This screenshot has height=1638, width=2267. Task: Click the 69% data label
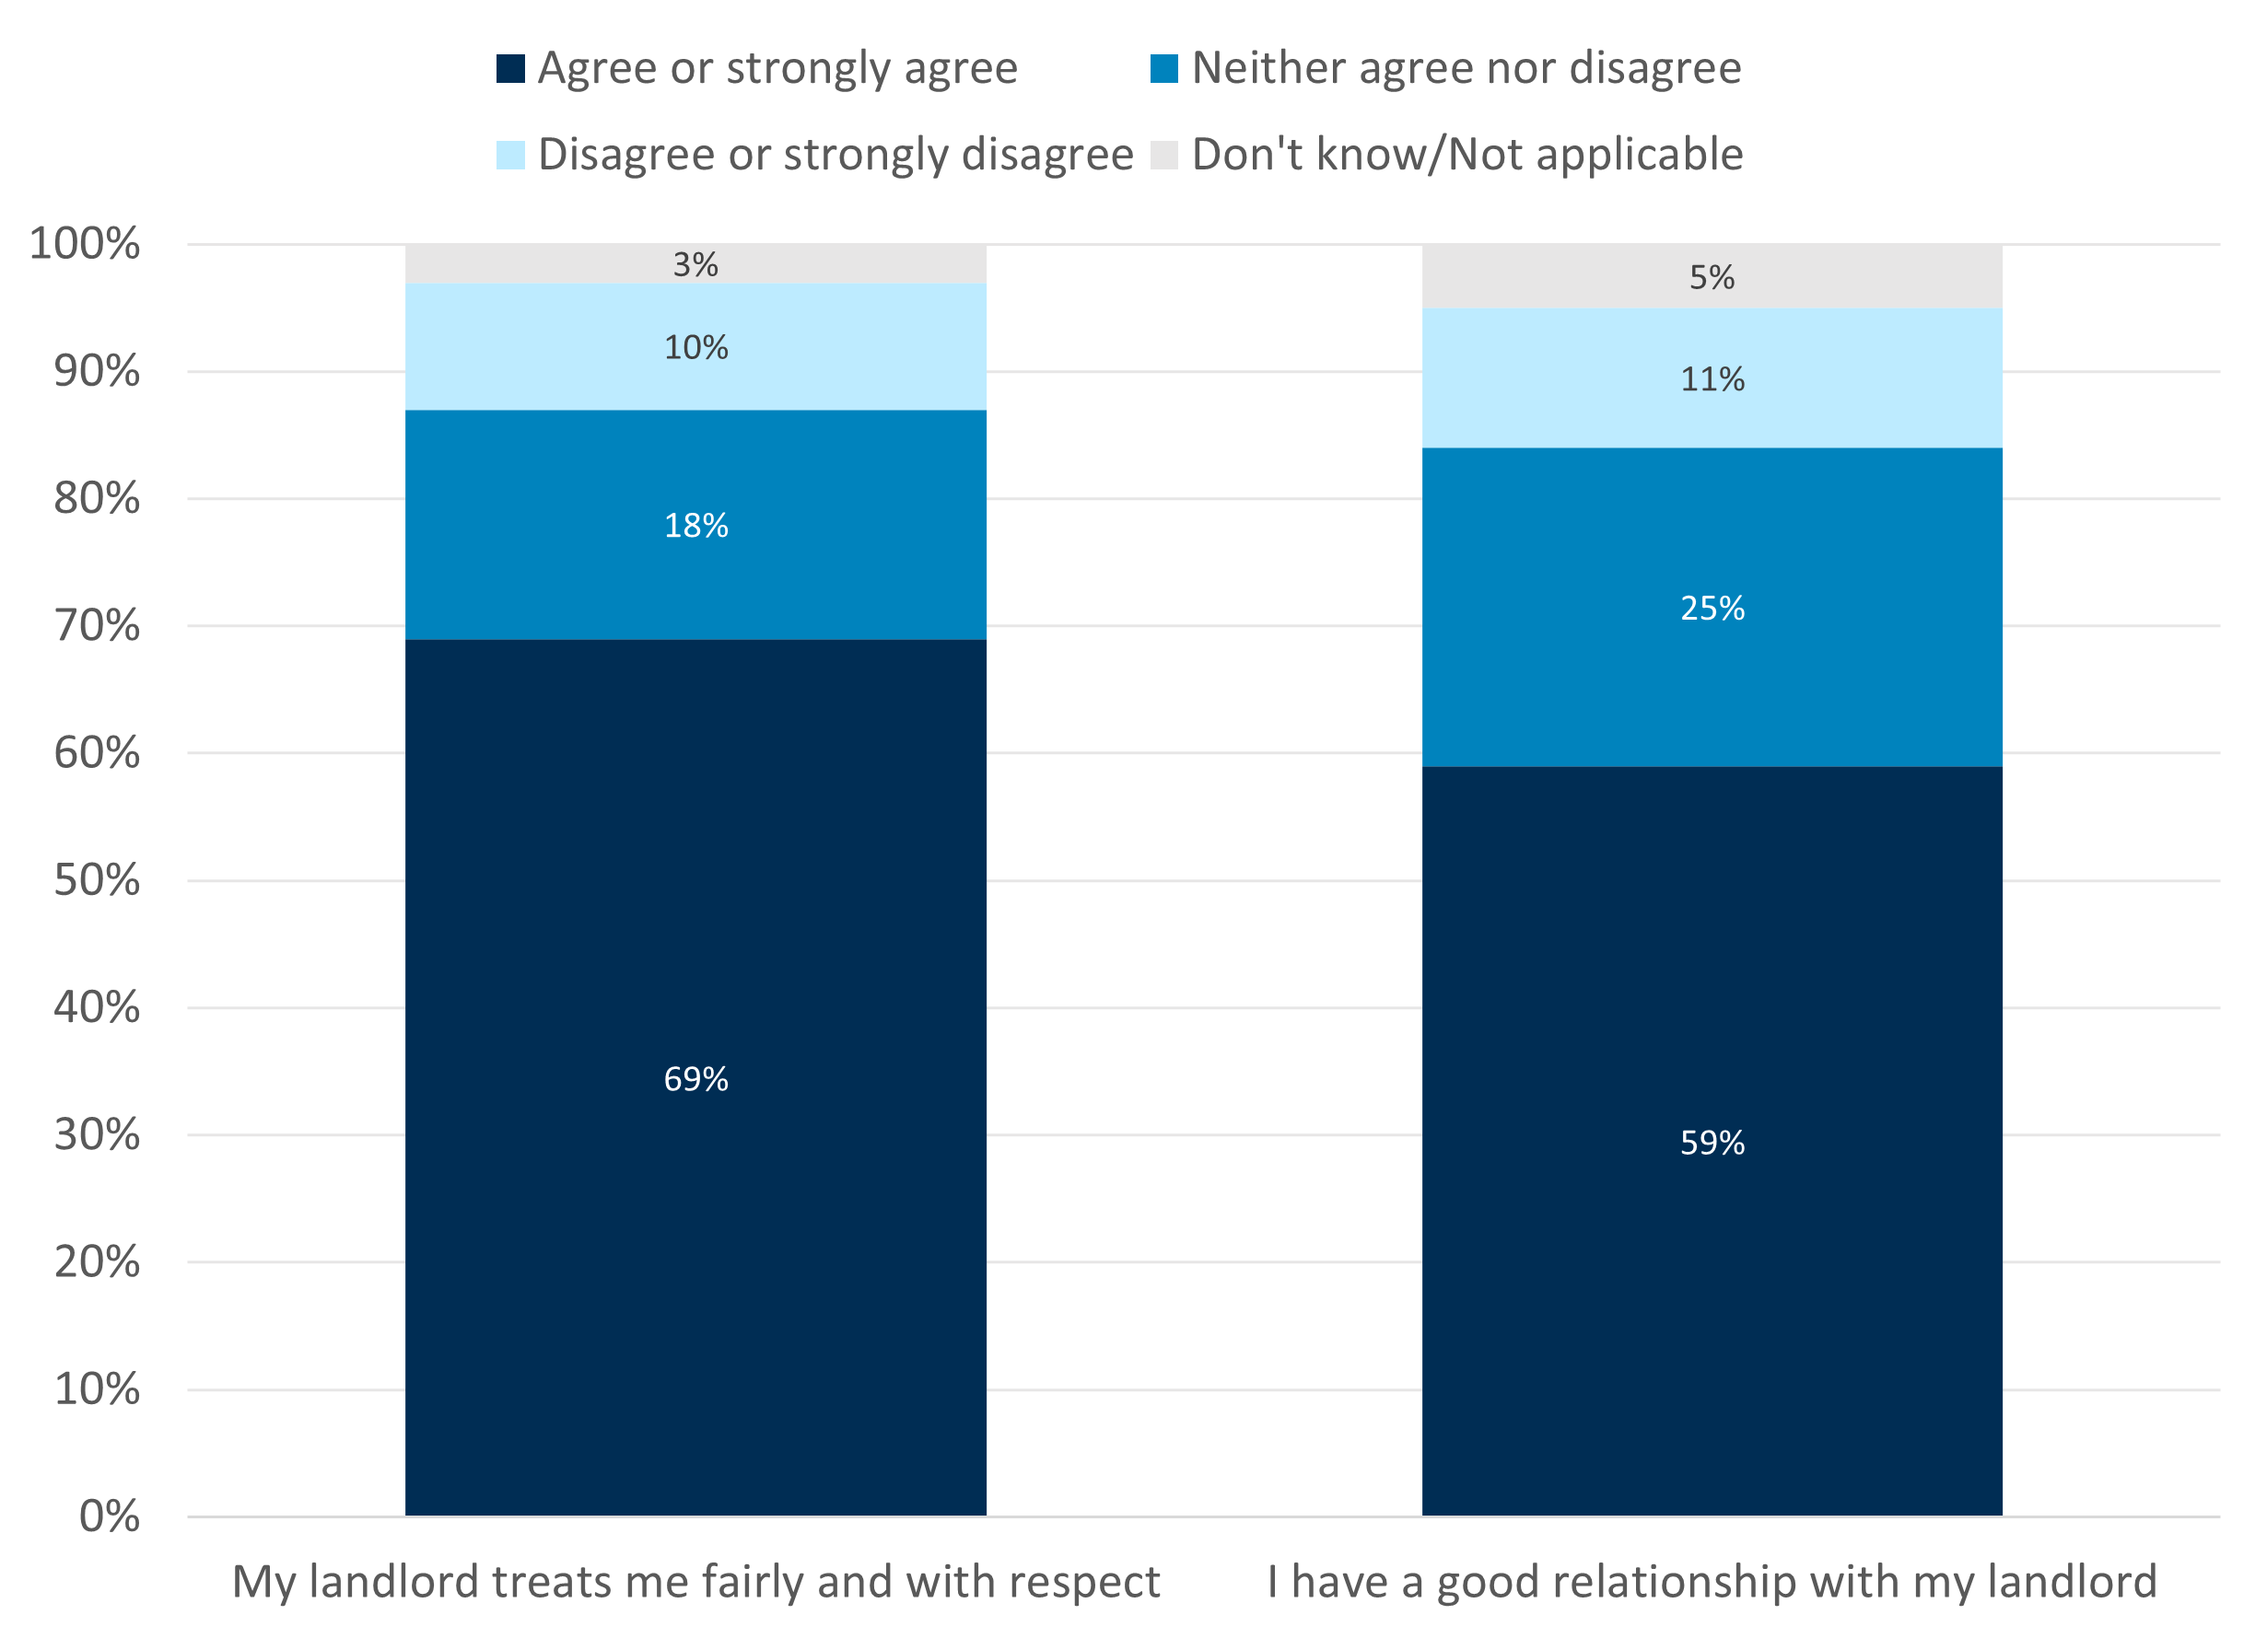[695, 1079]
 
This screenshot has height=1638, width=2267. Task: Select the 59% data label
[1712, 1143]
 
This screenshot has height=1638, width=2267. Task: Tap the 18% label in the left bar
[695, 526]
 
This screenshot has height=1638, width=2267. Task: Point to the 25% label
[1712, 608]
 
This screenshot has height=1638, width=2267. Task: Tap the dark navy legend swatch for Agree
[509, 69]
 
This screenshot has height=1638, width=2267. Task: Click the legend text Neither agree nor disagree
[1466, 69]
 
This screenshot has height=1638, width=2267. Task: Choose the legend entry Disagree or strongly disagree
[835, 155]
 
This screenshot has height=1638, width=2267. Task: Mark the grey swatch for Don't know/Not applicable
[1163, 155]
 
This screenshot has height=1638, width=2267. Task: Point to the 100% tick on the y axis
[85, 244]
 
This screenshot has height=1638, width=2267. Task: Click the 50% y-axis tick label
[96, 880]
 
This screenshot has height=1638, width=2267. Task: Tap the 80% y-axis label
[96, 499]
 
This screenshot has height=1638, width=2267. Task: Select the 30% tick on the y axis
[96, 1134]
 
